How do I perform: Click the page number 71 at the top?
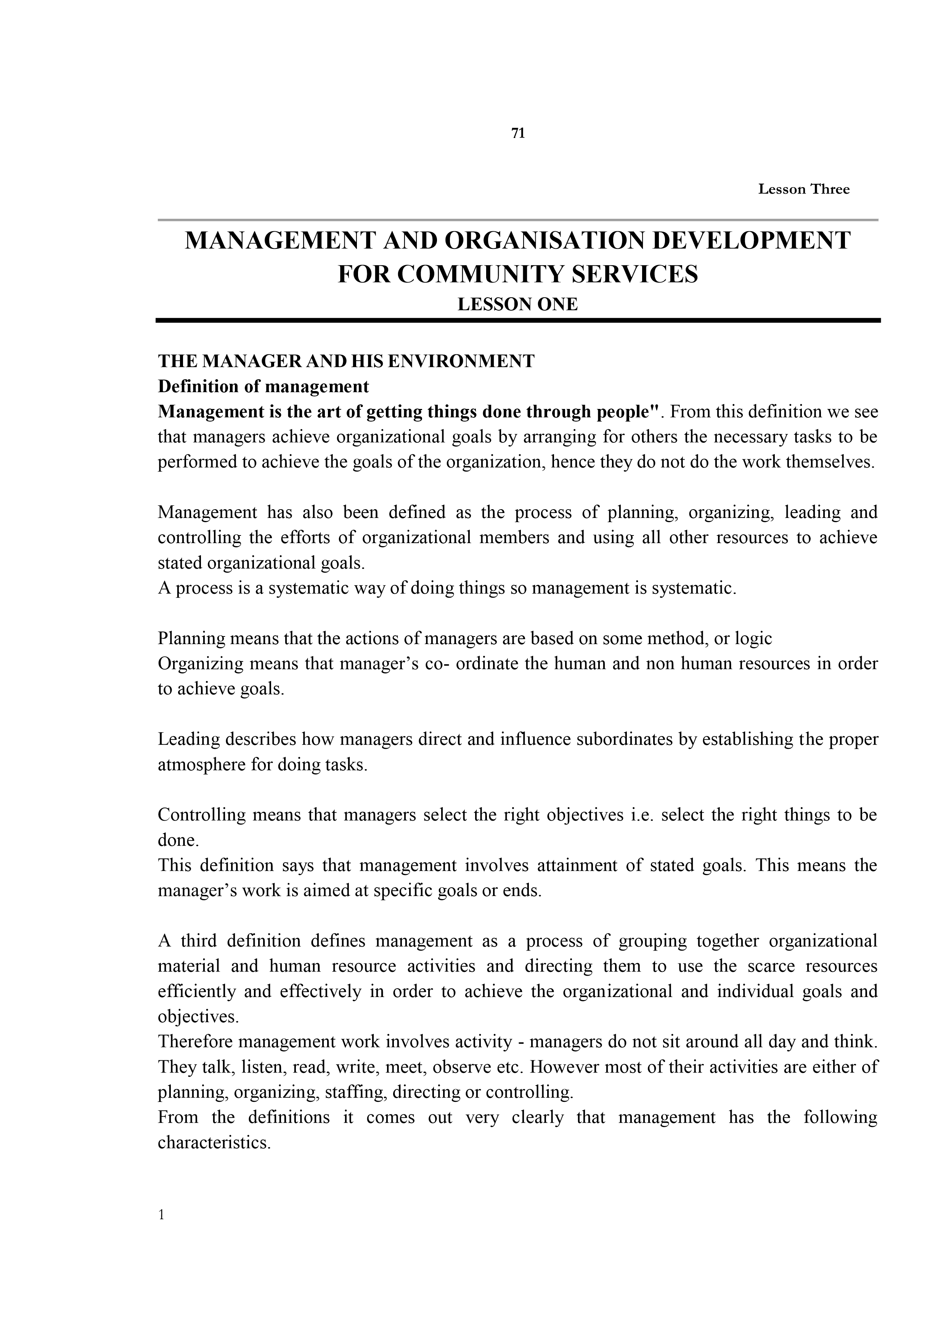pos(518,133)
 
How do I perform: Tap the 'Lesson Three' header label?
pos(803,189)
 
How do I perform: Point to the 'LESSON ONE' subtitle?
pos(517,304)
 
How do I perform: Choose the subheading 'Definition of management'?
pos(263,387)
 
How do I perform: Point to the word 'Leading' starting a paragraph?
pos(188,739)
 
